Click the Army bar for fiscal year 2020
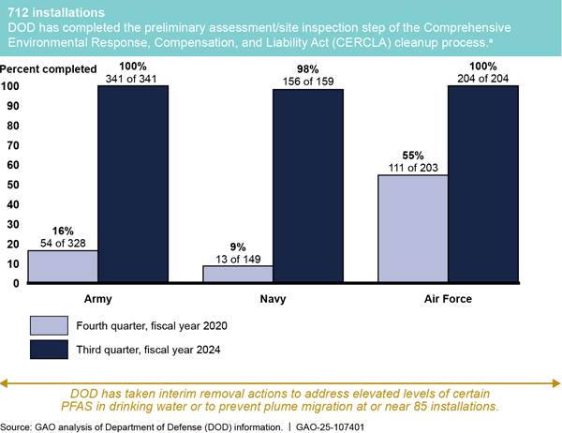(63, 265)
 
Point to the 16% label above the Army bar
(63, 231)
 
